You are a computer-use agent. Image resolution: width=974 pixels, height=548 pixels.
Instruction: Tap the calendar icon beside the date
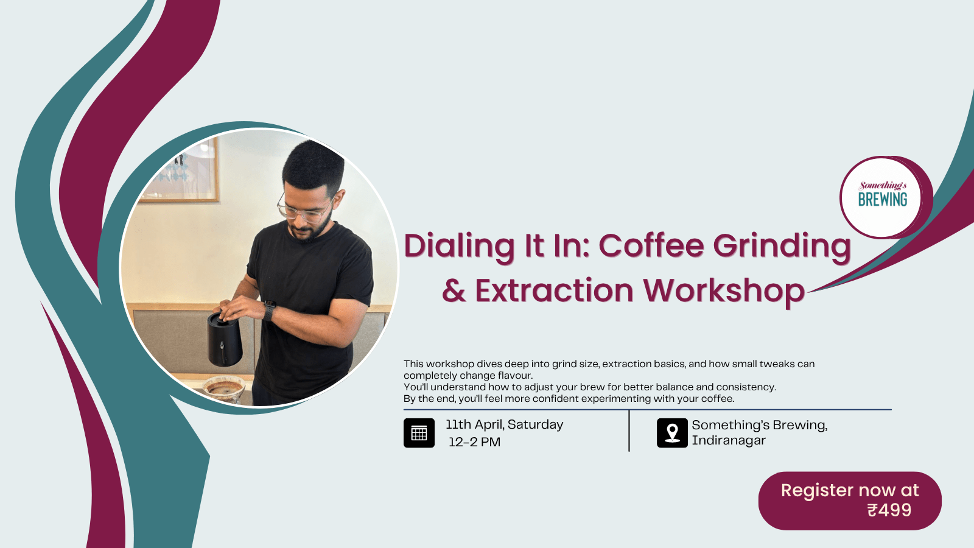[x=419, y=433]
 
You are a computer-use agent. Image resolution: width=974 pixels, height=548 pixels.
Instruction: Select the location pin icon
[x=672, y=433]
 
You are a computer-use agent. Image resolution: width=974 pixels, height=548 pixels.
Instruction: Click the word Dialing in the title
[x=460, y=247]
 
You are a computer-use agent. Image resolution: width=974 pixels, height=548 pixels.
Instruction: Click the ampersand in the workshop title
[x=454, y=291]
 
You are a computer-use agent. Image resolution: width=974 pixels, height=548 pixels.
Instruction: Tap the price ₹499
[x=889, y=510]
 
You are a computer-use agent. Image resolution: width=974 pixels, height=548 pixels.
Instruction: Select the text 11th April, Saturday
[x=504, y=424]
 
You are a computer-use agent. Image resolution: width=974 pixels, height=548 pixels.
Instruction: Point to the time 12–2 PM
[x=474, y=442]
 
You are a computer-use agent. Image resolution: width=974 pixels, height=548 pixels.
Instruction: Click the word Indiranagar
[x=729, y=440]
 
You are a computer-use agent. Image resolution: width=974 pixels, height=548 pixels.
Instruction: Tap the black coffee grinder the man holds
[x=225, y=339]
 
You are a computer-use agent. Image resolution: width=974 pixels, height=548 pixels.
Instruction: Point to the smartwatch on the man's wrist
[x=269, y=311]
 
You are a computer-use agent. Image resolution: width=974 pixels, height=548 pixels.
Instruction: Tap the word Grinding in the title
[x=782, y=247]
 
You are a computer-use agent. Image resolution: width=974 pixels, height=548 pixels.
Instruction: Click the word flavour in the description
[x=515, y=376]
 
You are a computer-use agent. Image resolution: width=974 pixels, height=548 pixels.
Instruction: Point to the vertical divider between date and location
[x=629, y=431]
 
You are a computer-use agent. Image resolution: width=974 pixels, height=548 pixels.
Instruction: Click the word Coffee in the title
[x=651, y=247]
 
